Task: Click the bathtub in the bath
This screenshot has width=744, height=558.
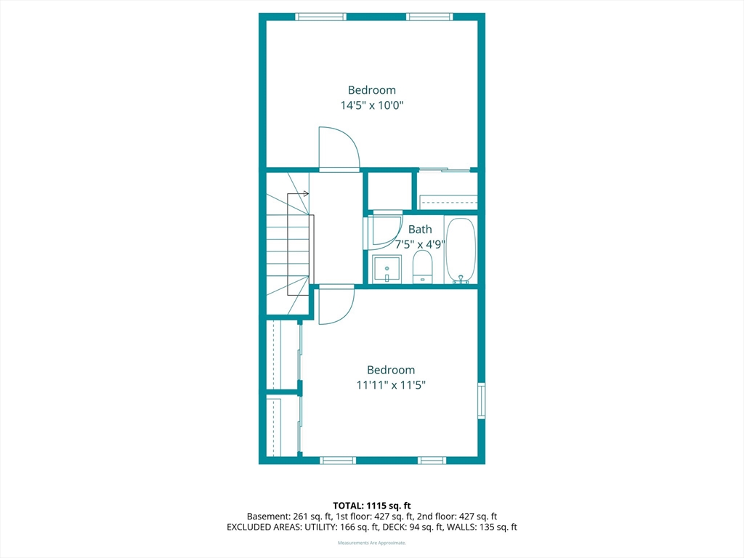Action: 461,251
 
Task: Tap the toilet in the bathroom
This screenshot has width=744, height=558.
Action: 422,267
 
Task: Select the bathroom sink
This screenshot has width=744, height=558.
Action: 387,269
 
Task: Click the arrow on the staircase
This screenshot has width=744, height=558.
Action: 298,193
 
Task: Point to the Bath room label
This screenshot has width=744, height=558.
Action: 420,229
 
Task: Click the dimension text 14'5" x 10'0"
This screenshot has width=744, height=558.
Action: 371,105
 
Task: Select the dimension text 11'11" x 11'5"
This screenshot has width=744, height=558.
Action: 390,385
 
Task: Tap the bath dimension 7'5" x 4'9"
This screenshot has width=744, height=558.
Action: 420,244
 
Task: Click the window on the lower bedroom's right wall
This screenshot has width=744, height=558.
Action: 481,400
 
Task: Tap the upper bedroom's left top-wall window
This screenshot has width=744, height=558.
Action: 320,17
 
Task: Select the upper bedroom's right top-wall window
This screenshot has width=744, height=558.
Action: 429,17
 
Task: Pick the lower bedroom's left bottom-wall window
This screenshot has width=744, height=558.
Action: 338,460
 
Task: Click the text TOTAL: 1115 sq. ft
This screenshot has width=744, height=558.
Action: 371,506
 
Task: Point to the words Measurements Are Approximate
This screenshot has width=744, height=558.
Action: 371,543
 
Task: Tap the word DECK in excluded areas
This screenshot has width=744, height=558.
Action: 394,527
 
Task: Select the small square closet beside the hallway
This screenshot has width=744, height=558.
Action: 390,191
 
